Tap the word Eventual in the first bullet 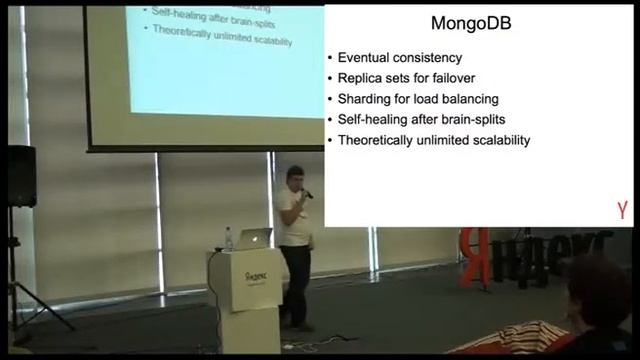(364, 59)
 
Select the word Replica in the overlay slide (361, 79)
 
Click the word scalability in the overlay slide (496, 140)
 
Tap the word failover (474, 79)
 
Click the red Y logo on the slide (622, 211)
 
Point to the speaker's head (294, 177)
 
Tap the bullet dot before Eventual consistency (330, 59)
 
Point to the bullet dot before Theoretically (330, 140)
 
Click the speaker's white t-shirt (292, 216)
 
